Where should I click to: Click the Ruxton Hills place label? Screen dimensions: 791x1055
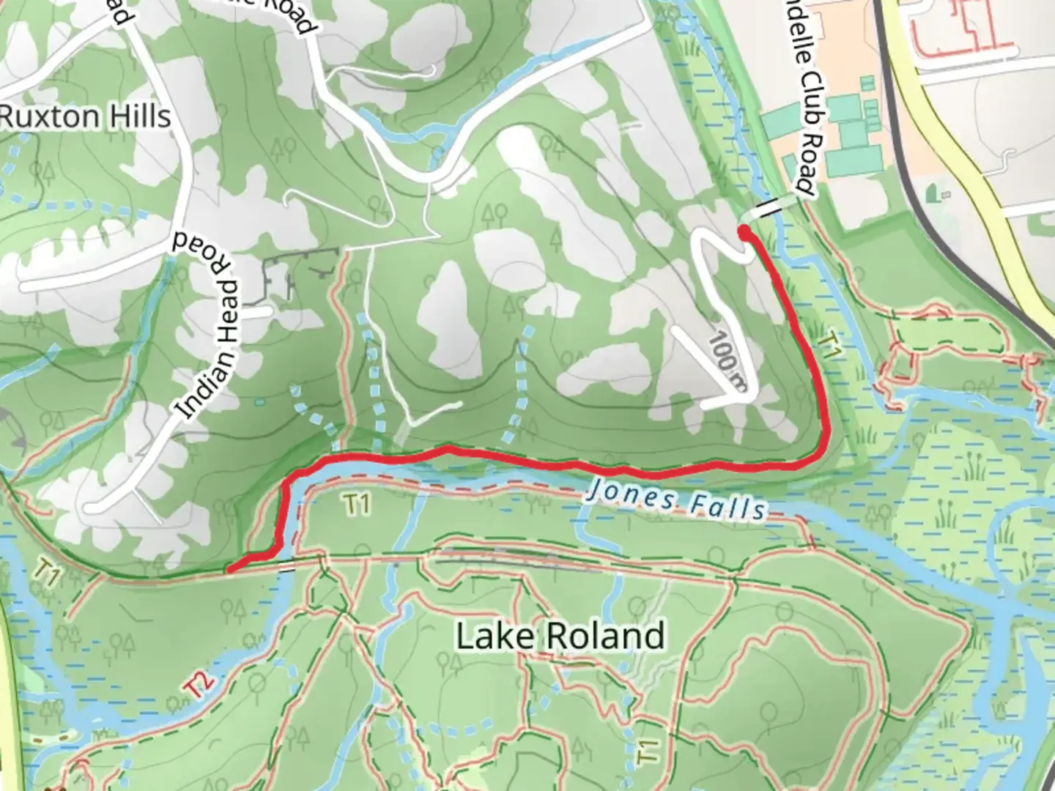tap(86, 116)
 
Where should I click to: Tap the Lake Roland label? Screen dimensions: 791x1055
tap(560, 635)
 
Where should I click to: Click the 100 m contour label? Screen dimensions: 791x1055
tap(727, 361)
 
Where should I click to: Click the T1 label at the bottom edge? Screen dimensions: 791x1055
tap(645, 752)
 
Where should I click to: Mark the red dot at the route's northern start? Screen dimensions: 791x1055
tap(744, 234)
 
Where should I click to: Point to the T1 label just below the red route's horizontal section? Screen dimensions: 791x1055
tap(356, 505)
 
